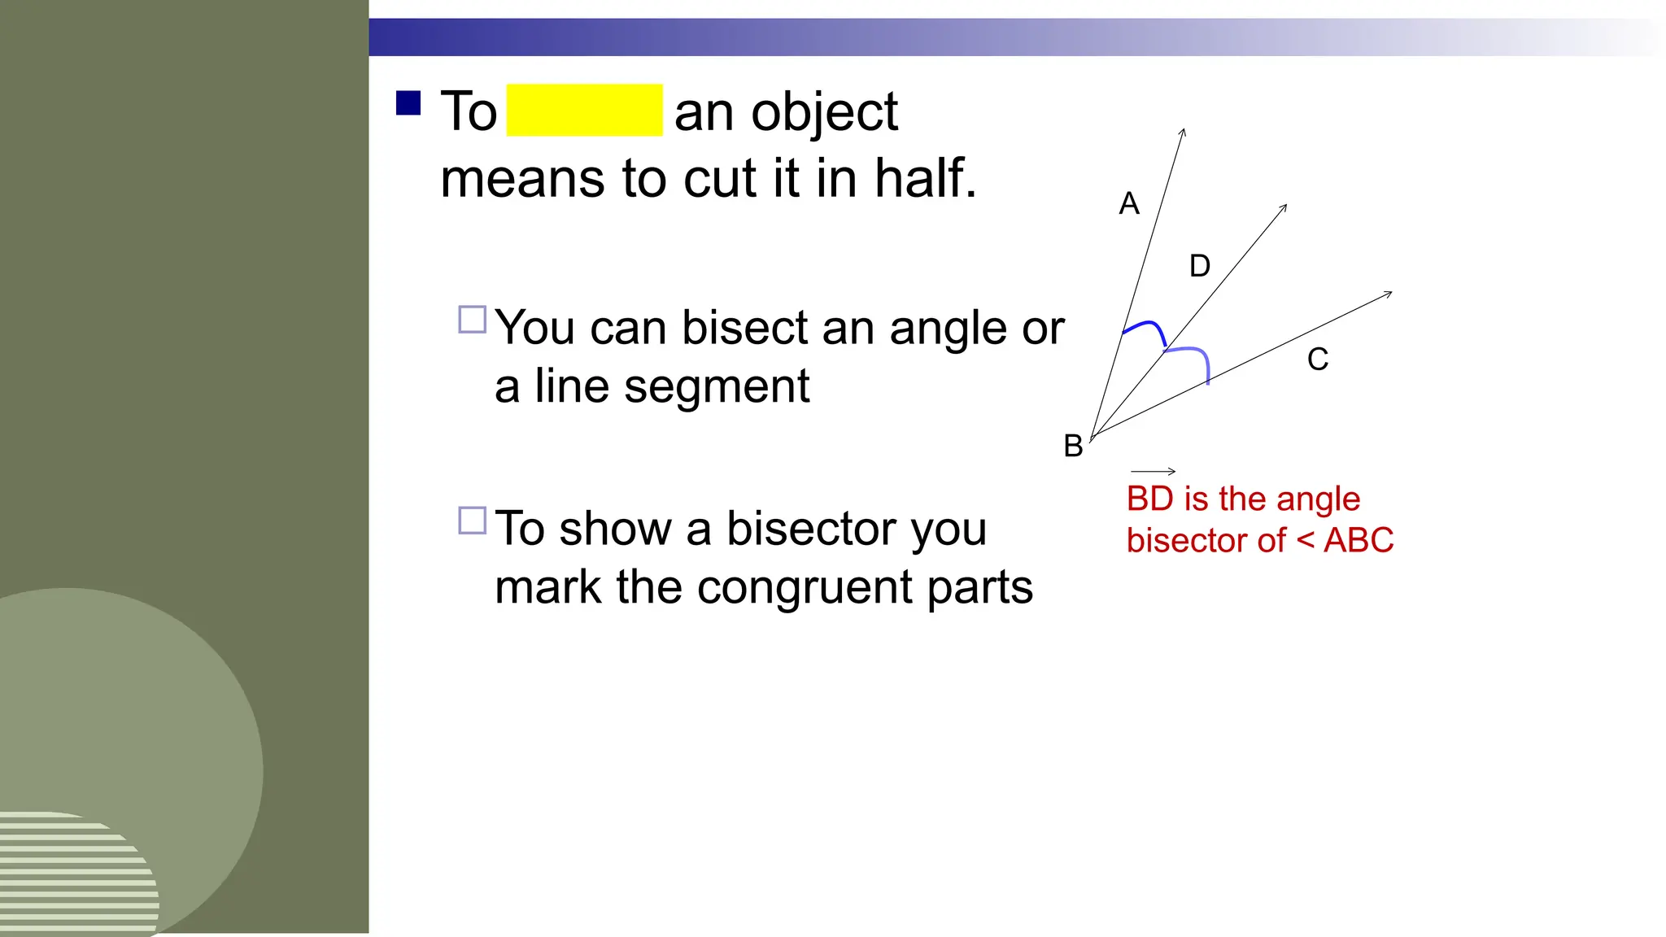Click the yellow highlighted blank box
point(584,110)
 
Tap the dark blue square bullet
point(408,103)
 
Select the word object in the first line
point(824,112)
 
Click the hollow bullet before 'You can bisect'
point(473,320)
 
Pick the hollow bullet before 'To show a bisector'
point(473,521)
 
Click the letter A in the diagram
point(1129,203)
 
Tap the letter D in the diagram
point(1200,266)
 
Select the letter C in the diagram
point(1318,359)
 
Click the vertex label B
point(1073,446)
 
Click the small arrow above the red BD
point(1154,471)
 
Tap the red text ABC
point(1359,541)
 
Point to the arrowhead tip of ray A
point(1184,130)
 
